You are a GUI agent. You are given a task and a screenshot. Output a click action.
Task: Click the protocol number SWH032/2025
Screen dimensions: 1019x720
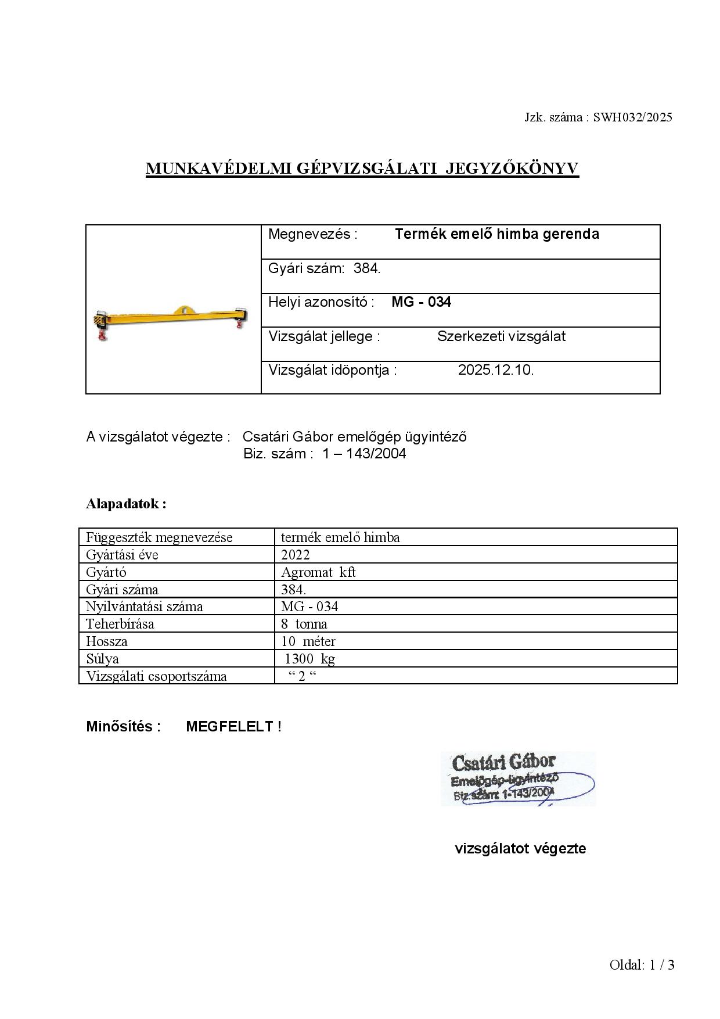coord(632,117)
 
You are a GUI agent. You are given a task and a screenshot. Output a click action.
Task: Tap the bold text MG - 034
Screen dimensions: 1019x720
coord(421,302)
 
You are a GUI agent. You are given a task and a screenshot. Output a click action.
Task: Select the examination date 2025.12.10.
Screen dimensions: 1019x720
coord(495,370)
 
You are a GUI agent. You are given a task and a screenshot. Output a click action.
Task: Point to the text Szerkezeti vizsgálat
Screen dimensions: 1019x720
coord(501,336)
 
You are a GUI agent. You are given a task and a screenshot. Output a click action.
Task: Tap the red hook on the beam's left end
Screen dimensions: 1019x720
coord(102,335)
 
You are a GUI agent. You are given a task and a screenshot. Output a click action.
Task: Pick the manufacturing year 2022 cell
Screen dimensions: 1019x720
coord(296,555)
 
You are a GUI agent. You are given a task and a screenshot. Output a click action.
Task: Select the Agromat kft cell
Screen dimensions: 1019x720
coord(318,572)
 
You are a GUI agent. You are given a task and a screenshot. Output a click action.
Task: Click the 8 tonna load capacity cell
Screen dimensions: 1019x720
coord(304,624)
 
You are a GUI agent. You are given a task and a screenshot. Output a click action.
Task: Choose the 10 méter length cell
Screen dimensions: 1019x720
coord(308,641)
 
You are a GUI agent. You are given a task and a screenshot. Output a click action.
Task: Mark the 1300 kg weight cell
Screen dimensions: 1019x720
coord(309,659)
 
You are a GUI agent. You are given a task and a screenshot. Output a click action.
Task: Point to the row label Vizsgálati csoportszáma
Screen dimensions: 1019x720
coord(156,676)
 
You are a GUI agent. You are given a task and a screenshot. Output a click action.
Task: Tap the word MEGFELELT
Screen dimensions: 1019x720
coord(230,727)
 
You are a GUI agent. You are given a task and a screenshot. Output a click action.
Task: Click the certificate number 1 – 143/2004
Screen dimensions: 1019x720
coord(364,454)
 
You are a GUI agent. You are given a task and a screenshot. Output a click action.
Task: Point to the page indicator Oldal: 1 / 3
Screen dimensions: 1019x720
coord(642,965)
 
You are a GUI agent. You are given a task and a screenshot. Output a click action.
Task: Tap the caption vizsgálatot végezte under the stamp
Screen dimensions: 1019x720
coord(520,849)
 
